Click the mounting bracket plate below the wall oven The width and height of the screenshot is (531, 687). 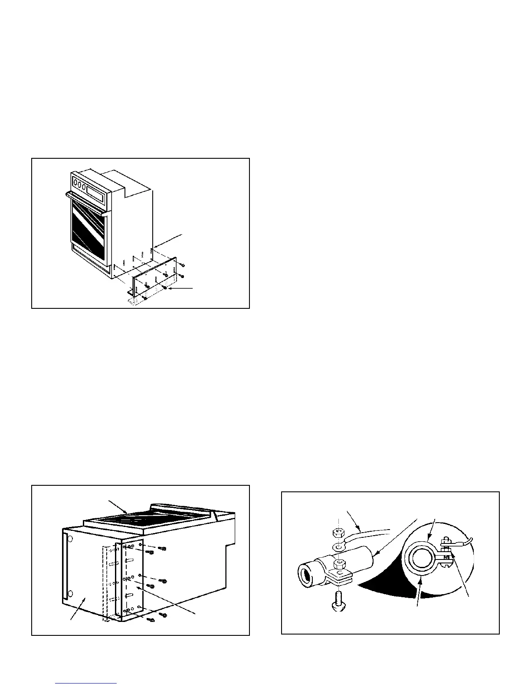point(156,278)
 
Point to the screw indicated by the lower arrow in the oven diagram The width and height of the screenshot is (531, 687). point(165,287)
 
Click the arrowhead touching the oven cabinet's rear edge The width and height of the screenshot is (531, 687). point(154,248)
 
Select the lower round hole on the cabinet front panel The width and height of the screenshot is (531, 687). point(71,593)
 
